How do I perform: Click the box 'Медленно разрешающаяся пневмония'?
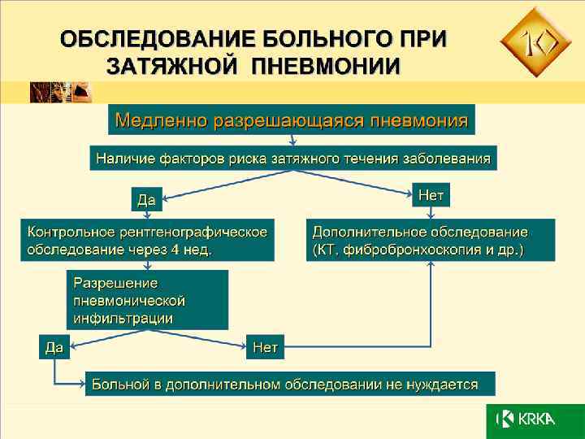[x=292, y=120]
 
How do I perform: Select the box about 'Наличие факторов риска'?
[x=293, y=158]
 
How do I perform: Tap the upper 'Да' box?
[x=147, y=198]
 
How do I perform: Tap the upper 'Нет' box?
[x=431, y=194]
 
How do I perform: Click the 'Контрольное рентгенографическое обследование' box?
[x=148, y=240]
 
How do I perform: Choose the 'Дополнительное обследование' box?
[x=431, y=240]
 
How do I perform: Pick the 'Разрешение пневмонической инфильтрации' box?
[x=147, y=300]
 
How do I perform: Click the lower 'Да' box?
[x=54, y=348]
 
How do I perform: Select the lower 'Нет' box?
[x=265, y=348]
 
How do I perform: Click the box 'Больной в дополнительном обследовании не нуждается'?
[x=290, y=383]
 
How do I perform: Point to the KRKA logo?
[x=528, y=419]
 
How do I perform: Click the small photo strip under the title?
[x=62, y=92]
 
